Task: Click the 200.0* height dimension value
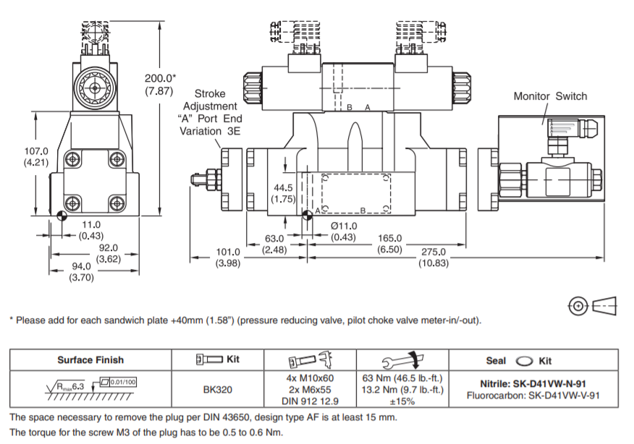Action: (x=160, y=78)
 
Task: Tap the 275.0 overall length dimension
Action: (x=434, y=252)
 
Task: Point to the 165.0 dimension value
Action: (x=389, y=237)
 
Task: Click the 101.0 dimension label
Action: (x=228, y=252)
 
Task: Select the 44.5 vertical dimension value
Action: (x=281, y=187)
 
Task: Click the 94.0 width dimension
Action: (x=81, y=265)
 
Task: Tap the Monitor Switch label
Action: (x=550, y=96)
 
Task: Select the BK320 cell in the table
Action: (x=217, y=389)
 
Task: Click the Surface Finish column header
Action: (x=90, y=359)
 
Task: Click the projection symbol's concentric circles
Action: (x=578, y=306)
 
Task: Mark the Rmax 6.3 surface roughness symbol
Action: (x=69, y=388)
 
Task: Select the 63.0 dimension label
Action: (x=274, y=237)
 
